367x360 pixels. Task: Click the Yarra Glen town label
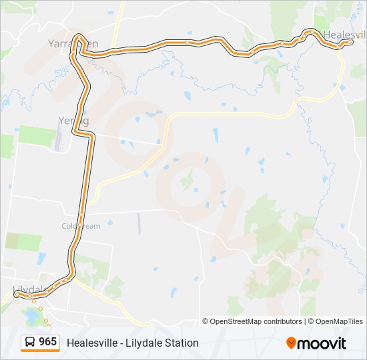[73, 43]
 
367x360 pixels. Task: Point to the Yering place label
[69, 120]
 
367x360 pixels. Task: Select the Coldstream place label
[81, 226]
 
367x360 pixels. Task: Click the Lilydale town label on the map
[29, 289]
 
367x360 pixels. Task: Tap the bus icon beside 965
[31, 342]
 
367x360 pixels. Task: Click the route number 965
[47, 342]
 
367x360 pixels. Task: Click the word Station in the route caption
[181, 343]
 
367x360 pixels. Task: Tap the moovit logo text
[322, 343]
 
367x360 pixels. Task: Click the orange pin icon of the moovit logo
[291, 343]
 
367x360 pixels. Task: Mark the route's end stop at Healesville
[350, 41]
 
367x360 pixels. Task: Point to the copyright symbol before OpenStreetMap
[206, 321]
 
